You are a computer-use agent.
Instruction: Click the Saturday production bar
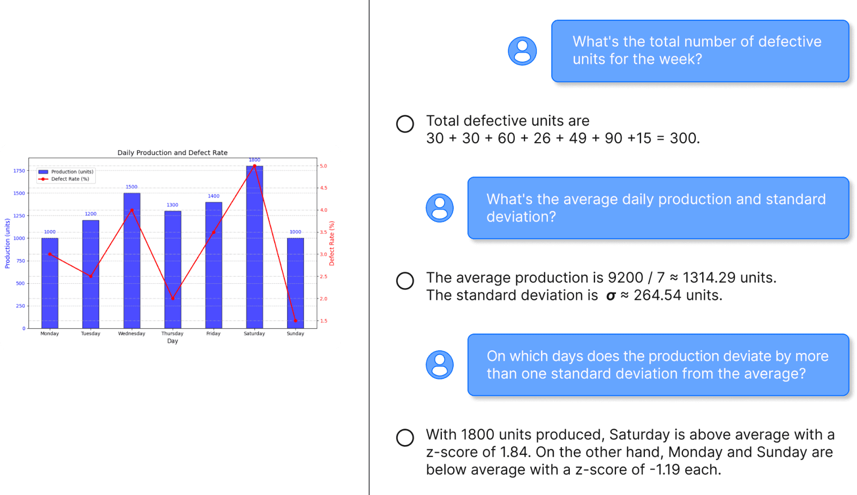254,247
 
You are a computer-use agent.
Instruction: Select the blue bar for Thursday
172,270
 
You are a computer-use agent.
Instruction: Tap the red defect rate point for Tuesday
91,276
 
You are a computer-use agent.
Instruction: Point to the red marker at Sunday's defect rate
295,321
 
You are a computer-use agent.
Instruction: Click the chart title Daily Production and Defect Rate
172,152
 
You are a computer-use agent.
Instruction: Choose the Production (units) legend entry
66,172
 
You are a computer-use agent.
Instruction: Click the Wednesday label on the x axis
132,334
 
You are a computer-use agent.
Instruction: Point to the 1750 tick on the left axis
19,171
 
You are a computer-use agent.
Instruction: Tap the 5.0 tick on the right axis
324,166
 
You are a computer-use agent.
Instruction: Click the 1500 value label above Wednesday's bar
132,187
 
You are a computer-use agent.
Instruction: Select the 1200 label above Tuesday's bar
91,214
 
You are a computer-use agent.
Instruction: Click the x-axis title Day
172,341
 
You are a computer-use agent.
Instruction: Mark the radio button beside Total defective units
405,124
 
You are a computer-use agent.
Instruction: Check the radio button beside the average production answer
405,280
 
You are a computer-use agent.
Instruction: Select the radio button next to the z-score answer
405,438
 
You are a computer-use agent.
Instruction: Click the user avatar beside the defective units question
522,51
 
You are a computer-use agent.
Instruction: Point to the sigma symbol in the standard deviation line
611,296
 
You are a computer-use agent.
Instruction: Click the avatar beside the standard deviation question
440,208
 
